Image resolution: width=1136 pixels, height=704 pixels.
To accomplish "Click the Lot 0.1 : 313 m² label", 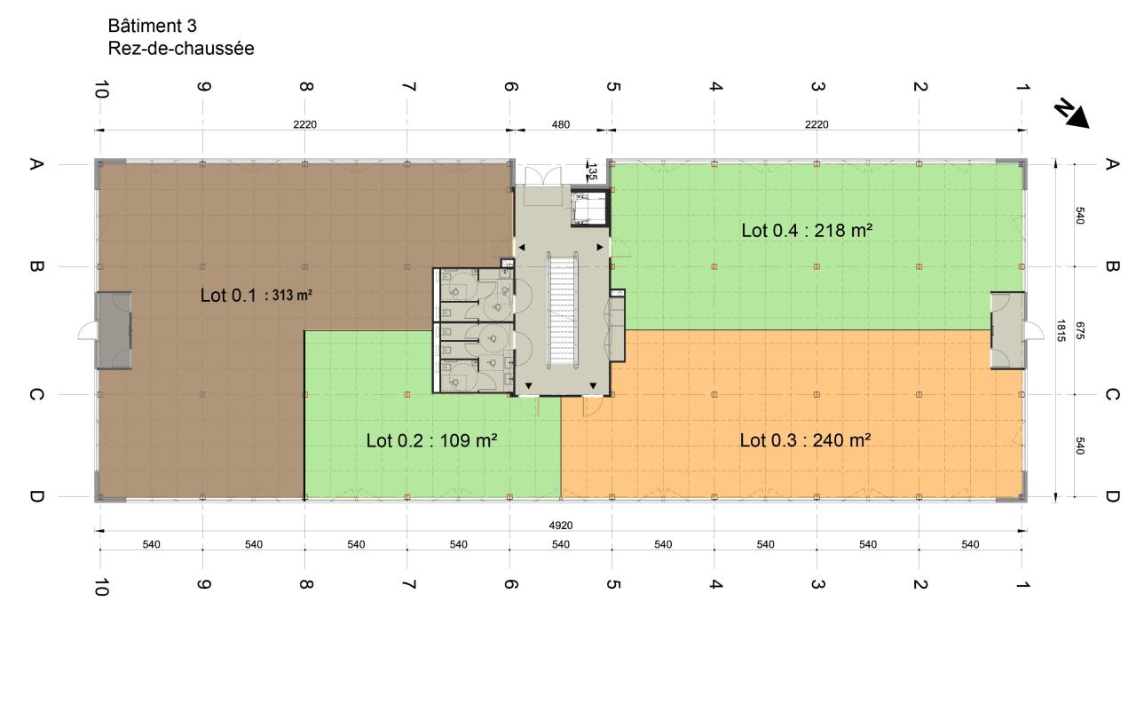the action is pyautogui.click(x=256, y=295).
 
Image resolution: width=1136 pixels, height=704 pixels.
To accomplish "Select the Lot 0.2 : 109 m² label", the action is pyautogui.click(x=431, y=440).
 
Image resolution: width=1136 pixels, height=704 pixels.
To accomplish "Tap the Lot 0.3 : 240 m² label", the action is pyautogui.click(x=805, y=439).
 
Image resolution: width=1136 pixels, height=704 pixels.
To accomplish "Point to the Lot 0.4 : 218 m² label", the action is pyautogui.click(x=807, y=230).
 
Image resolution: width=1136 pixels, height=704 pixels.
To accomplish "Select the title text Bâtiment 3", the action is pyautogui.click(x=152, y=26).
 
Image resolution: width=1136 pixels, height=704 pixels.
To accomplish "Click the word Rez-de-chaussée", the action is pyautogui.click(x=181, y=48).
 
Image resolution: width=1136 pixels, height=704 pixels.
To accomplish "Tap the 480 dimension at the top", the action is pyautogui.click(x=560, y=124).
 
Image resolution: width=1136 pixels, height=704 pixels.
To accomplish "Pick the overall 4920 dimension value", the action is pyautogui.click(x=560, y=525).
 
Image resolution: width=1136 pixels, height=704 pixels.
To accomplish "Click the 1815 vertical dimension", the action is pyautogui.click(x=1061, y=330).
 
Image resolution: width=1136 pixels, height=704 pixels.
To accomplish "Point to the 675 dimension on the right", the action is pyautogui.click(x=1079, y=330).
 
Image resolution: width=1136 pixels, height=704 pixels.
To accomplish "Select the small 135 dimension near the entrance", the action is pyautogui.click(x=592, y=171).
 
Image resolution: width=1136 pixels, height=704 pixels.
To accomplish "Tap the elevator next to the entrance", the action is pyautogui.click(x=588, y=208).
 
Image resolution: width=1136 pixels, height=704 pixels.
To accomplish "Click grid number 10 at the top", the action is pyautogui.click(x=101, y=89).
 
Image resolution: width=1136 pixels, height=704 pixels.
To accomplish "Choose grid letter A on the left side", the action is pyautogui.click(x=35, y=164).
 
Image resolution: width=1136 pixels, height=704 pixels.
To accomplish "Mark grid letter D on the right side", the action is pyautogui.click(x=1112, y=496).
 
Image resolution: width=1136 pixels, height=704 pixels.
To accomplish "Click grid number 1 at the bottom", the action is pyautogui.click(x=1022, y=584).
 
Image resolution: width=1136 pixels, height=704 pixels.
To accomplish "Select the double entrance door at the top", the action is pyautogui.click(x=542, y=176).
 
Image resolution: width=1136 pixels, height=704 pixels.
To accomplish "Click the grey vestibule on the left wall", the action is pyautogui.click(x=114, y=330).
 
